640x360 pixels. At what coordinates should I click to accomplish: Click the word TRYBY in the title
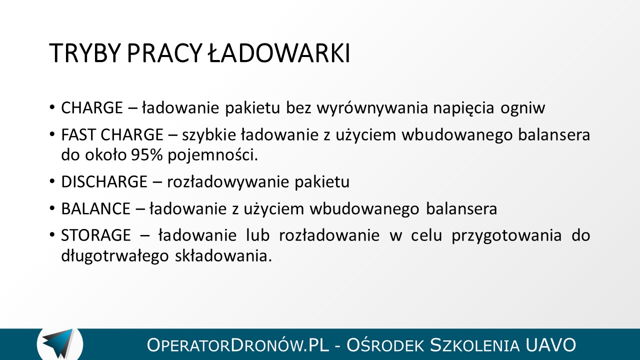coord(83,53)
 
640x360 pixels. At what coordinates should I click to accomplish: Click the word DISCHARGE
coord(104,181)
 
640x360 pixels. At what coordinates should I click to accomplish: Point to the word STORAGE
coord(96,235)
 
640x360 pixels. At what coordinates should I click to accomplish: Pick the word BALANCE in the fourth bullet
coord(95,208)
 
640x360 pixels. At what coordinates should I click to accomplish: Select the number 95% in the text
coord(147,155)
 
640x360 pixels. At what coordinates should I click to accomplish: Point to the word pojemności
coord(213,155)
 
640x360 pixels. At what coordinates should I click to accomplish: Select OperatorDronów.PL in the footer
coord(237,345)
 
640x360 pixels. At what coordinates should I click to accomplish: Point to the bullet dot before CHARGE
coord(51,107)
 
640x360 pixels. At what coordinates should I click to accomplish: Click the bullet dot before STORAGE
coord(51,235)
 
